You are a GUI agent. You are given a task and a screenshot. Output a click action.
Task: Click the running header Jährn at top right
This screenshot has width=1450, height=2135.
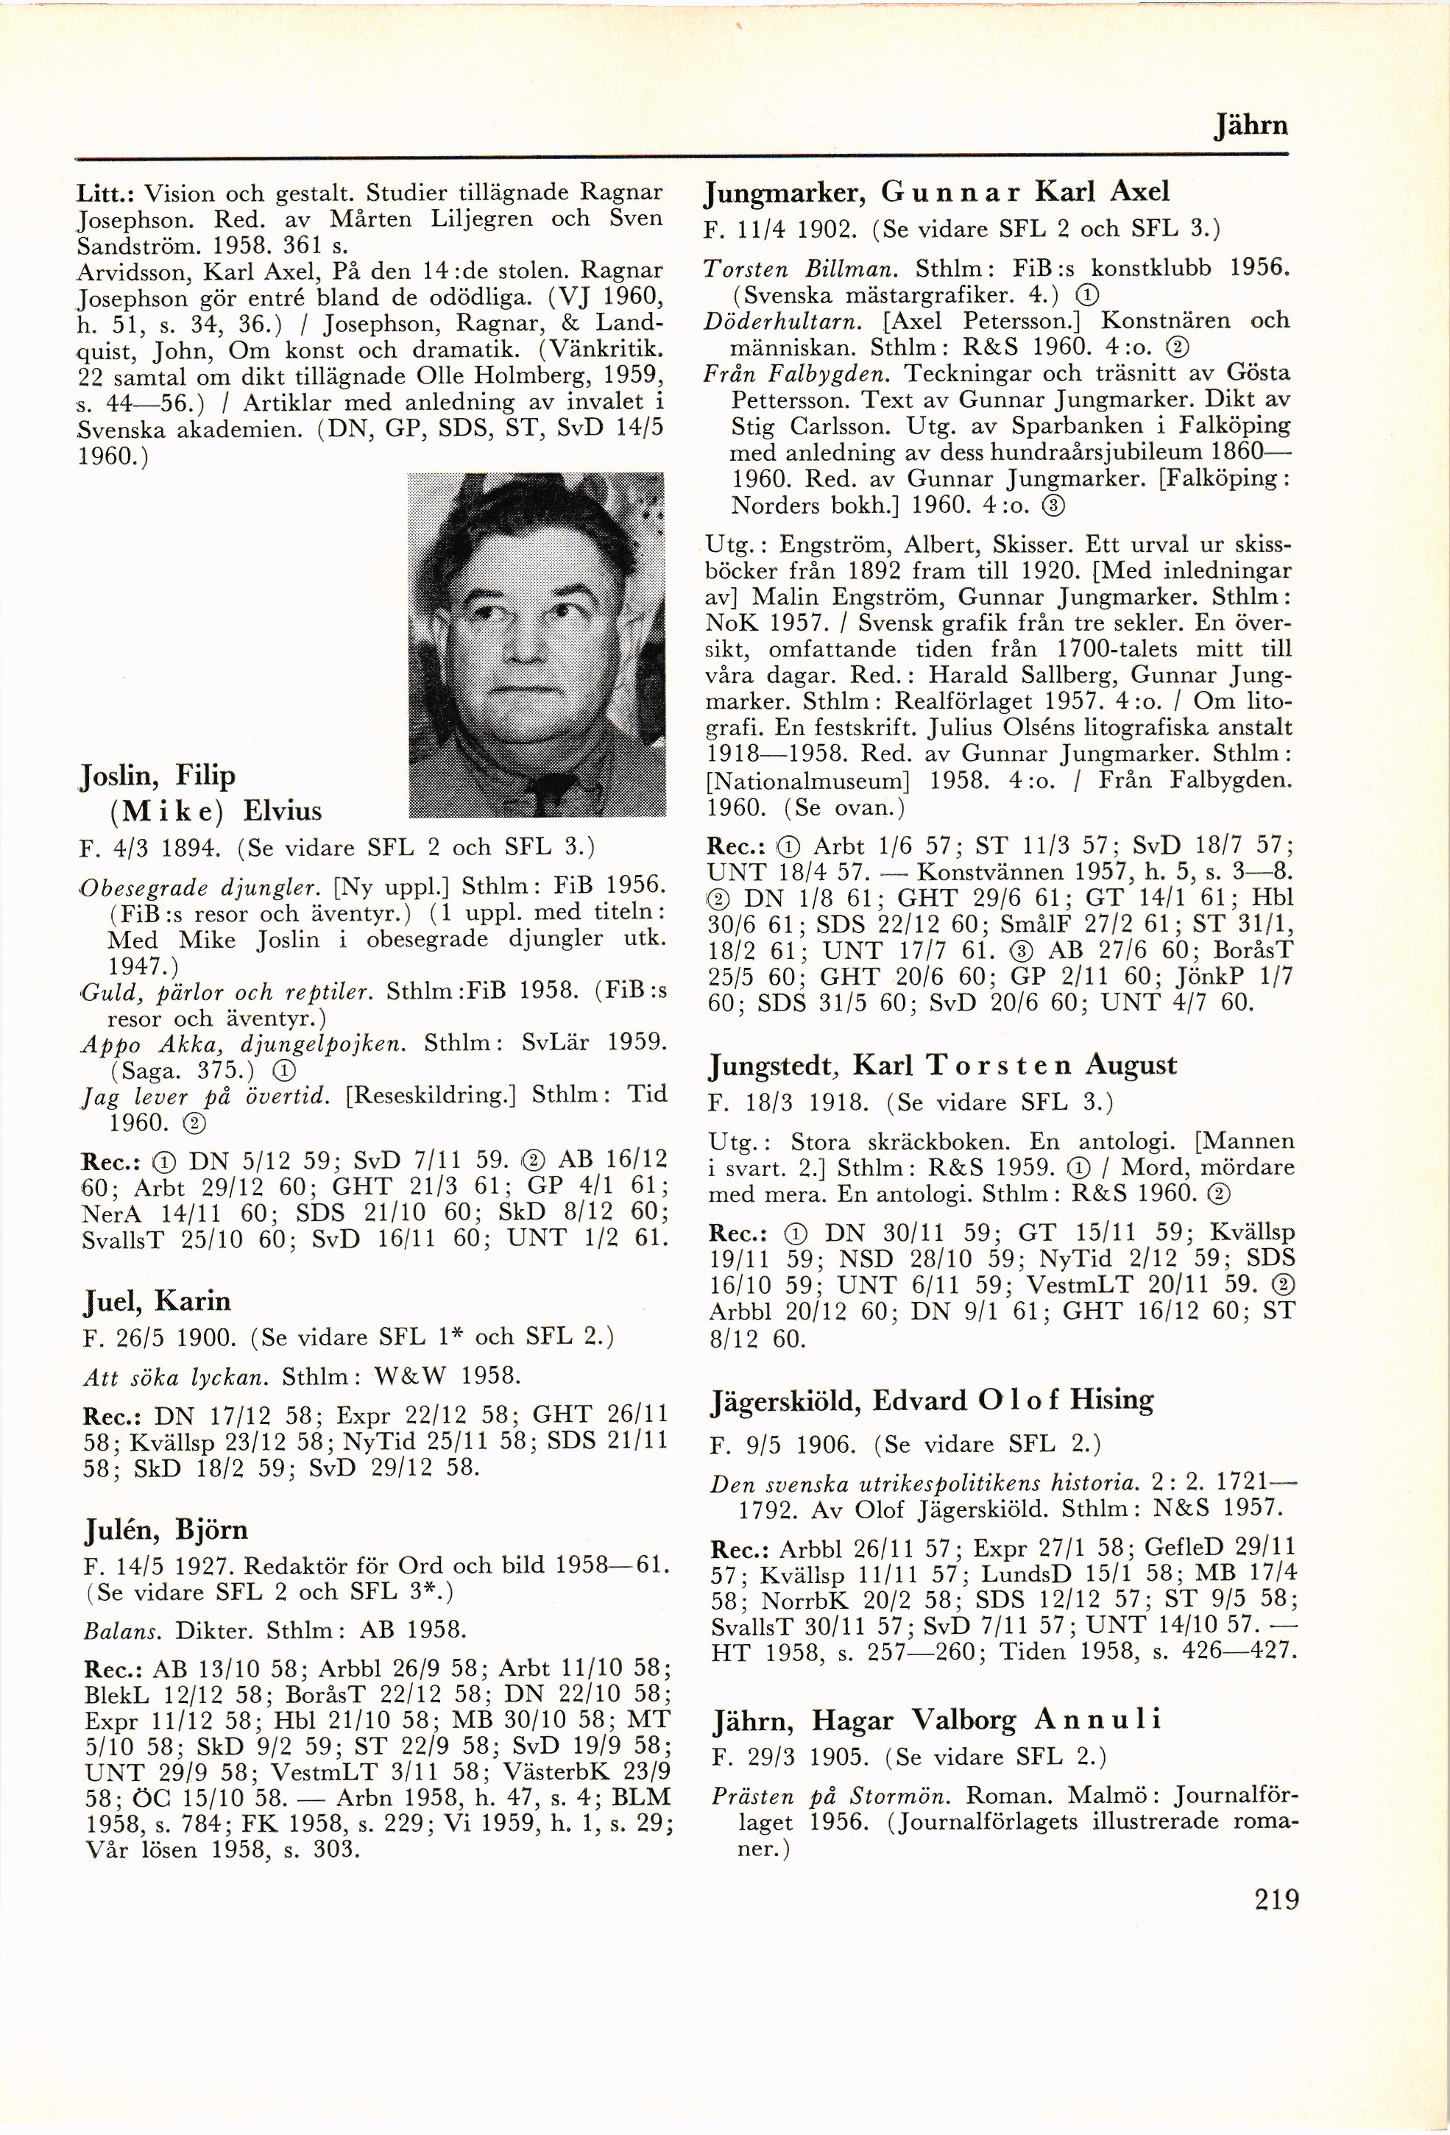click(x=1251, y=125)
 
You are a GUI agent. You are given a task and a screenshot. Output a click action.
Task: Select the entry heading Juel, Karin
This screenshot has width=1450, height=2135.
click(x=156, y=1301)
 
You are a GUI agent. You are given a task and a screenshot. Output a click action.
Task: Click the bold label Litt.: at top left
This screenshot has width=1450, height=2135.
click(x=107, y=194)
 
